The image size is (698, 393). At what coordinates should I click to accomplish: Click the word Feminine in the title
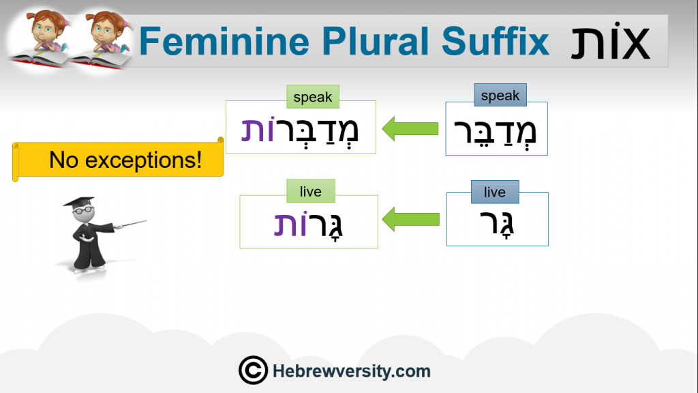pyautogui.click(x=224, y=41)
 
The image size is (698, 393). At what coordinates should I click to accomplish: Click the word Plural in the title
pyautogui.click(x=376, y=41)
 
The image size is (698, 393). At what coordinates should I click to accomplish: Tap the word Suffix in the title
pyautogui.click(x=496, y=41)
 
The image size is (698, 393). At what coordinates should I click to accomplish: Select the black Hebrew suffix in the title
pyautogui.click(x=610, y=41)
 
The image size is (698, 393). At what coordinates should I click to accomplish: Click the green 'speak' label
pyautogui.click(x=313, y=97)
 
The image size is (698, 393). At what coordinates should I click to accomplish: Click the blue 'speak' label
pyautogui.click(x=500, y=95)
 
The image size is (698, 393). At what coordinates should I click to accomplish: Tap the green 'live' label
pyautogui.click(x=311, y=191)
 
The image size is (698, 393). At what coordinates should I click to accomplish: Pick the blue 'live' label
pyautogui.click(x=495, y=192)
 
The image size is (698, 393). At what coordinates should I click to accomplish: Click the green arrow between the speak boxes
pyautogui.click(x=410, y=129)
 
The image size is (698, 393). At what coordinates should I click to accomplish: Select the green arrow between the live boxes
pyautogui.click(x=410, y=219)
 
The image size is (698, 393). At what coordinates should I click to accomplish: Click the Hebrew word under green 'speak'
pyautogui.click(x=300, y=131)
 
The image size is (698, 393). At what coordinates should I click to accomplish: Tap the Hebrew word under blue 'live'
pyautogui.click(x=497, y=224)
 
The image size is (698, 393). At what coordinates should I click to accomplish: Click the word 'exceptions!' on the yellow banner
pyautogui.click(x=143, y=160)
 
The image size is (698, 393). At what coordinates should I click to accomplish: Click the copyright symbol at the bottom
pyautogui.click(x=253, y=370)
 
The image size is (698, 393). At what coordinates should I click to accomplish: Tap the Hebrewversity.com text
pyautogui.click(x=351, y=370)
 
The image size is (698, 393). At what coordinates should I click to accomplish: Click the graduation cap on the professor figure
pyautogui.click(x=80, y=201)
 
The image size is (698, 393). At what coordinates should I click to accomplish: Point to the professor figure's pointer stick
pyautogui.click(x=130, y=224)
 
